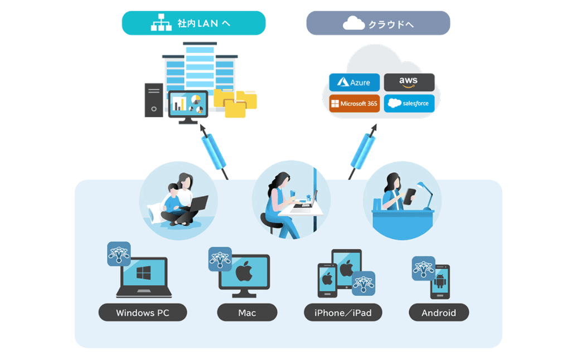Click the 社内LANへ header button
[193, 24]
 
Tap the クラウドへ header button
[378, 24]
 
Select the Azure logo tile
[354, 82]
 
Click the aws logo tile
[409, 82]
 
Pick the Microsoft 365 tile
[354, 104]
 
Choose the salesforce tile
[409, 104]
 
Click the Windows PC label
[143, 313]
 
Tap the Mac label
[247, 313]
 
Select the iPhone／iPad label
[343, 313]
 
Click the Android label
[439, 313]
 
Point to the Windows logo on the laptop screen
[144, 273]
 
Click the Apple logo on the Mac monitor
[244, 273]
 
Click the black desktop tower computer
[153, 100]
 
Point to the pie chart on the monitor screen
[195, 100]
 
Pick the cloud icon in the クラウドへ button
[353, 23]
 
